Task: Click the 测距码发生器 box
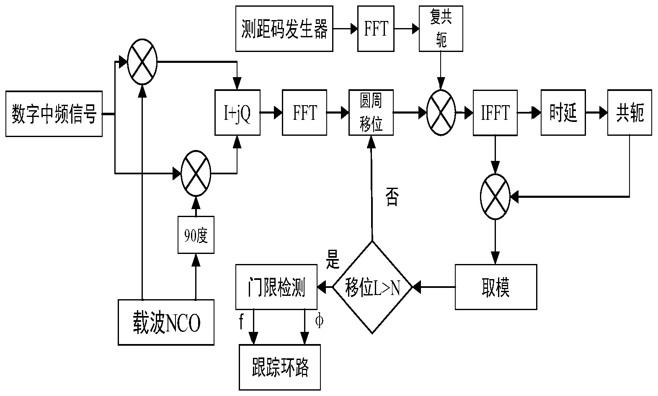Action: coord(284,29)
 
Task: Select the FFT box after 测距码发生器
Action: coord(376,29)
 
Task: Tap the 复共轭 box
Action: coord(441,29)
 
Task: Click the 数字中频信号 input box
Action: coord(54,114)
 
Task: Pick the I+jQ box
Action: coord(237,113)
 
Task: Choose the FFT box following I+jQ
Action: coord(304,113)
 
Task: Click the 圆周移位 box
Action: coord(371,113)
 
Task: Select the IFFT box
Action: coord(495,113)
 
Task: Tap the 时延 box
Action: coord(563,113)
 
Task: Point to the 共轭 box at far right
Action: coord(630,113)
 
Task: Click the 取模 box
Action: coord(496,287)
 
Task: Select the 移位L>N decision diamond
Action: coord(372,287)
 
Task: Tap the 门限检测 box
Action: coord(276,287)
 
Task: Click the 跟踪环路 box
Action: coord(279,367)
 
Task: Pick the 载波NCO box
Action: coord(166,322)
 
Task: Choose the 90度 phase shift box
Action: coord(196,235)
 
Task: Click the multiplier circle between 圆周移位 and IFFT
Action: coord(441,113)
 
